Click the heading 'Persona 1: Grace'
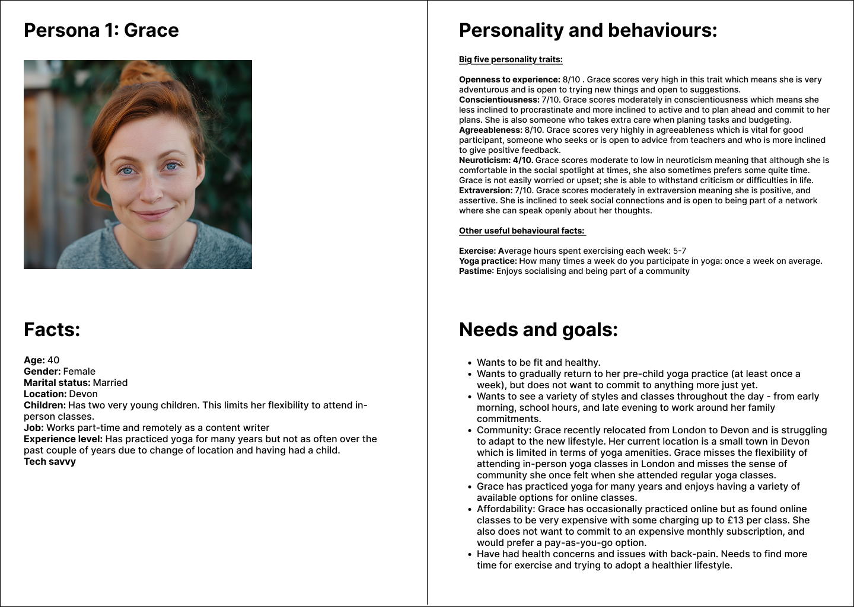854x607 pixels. pos(101,30)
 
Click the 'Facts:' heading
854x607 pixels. pos(52,330)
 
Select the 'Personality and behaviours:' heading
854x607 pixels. pos(588,30)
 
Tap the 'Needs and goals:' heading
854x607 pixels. pos(538,330)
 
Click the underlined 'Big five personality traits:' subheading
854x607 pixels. pos(511,59)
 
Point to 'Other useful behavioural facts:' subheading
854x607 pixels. pos(521,231)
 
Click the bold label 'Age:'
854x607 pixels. pos(34,360)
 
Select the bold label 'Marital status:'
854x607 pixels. pos(57,383)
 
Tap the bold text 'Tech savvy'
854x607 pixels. pos(50,462)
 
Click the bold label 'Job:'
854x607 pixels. pos(34,428)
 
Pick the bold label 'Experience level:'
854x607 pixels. pos(63,439)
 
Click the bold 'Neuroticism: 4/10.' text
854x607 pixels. pos(496,160)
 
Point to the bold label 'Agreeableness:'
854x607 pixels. pos(490,130)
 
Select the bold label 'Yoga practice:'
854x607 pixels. pos(487,261)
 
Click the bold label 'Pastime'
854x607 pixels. pos(475,271)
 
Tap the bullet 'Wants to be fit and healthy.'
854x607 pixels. pos(538,363)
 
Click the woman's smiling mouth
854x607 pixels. pos(152,213)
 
